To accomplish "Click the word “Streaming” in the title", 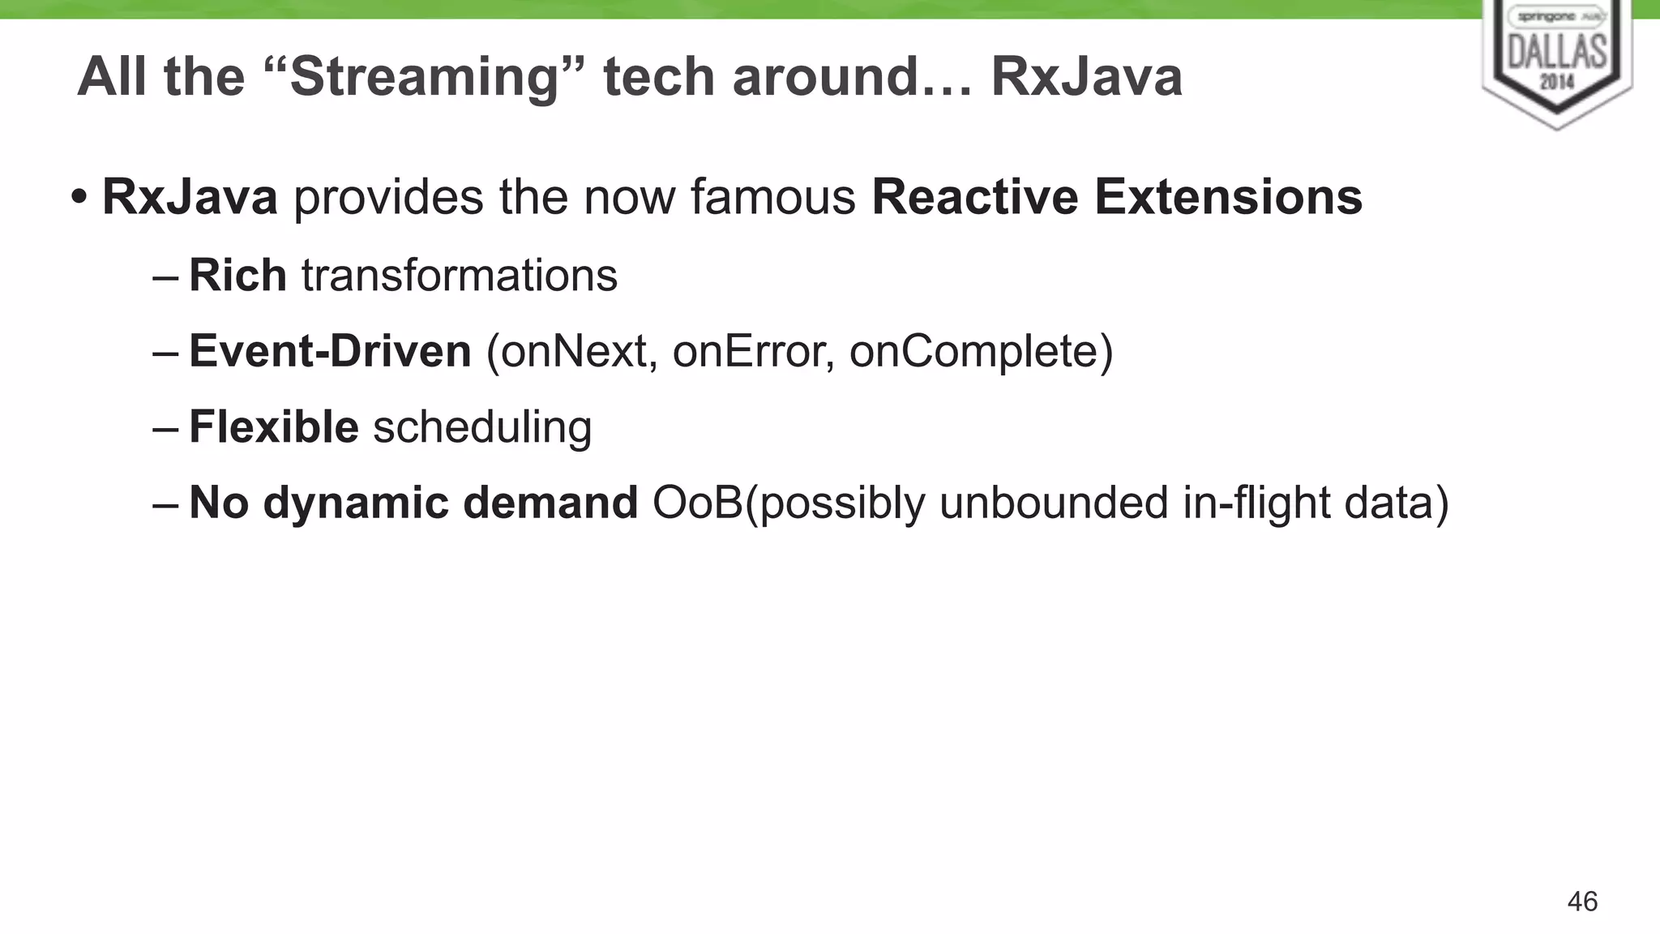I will [x=425, y=77].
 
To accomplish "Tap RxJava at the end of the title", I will [x=1086, y=77].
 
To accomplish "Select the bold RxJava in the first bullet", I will [x=190, y=197].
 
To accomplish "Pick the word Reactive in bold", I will [x=975, y=197].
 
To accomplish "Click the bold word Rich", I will [x=237, y=275].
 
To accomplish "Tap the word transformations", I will [x=460, y=275].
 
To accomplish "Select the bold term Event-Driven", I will [x=330, y=351].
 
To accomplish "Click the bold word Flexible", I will [x=273, y=426].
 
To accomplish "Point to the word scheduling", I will [x=482, y=426].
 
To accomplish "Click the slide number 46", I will [x=1582, y=902].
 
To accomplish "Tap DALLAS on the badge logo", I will [x=1556, y=51].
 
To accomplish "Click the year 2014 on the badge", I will [x=1556, y=81].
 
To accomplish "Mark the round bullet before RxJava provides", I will [x=79, y=197].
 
